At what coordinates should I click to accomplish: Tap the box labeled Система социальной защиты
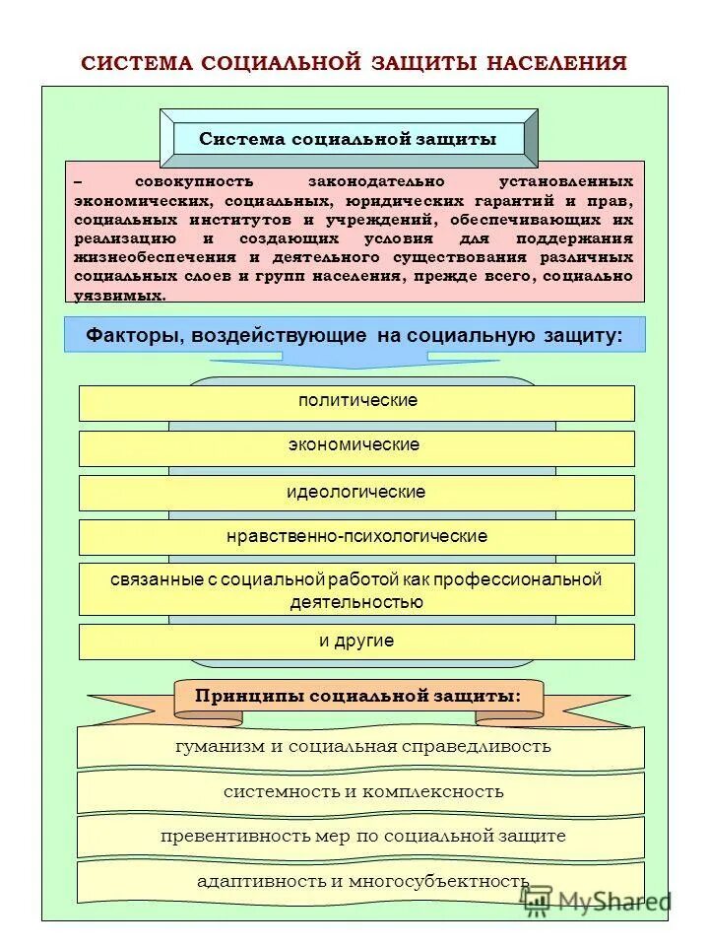348,139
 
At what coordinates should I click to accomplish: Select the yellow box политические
356,402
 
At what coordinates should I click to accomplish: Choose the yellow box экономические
356,446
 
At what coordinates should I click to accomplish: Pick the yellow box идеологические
356,492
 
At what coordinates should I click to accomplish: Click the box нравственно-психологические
356,537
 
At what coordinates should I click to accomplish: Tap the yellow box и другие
356,642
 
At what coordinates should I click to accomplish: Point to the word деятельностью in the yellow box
356,601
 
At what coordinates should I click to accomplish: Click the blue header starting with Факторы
354,335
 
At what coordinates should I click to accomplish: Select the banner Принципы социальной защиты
358,696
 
